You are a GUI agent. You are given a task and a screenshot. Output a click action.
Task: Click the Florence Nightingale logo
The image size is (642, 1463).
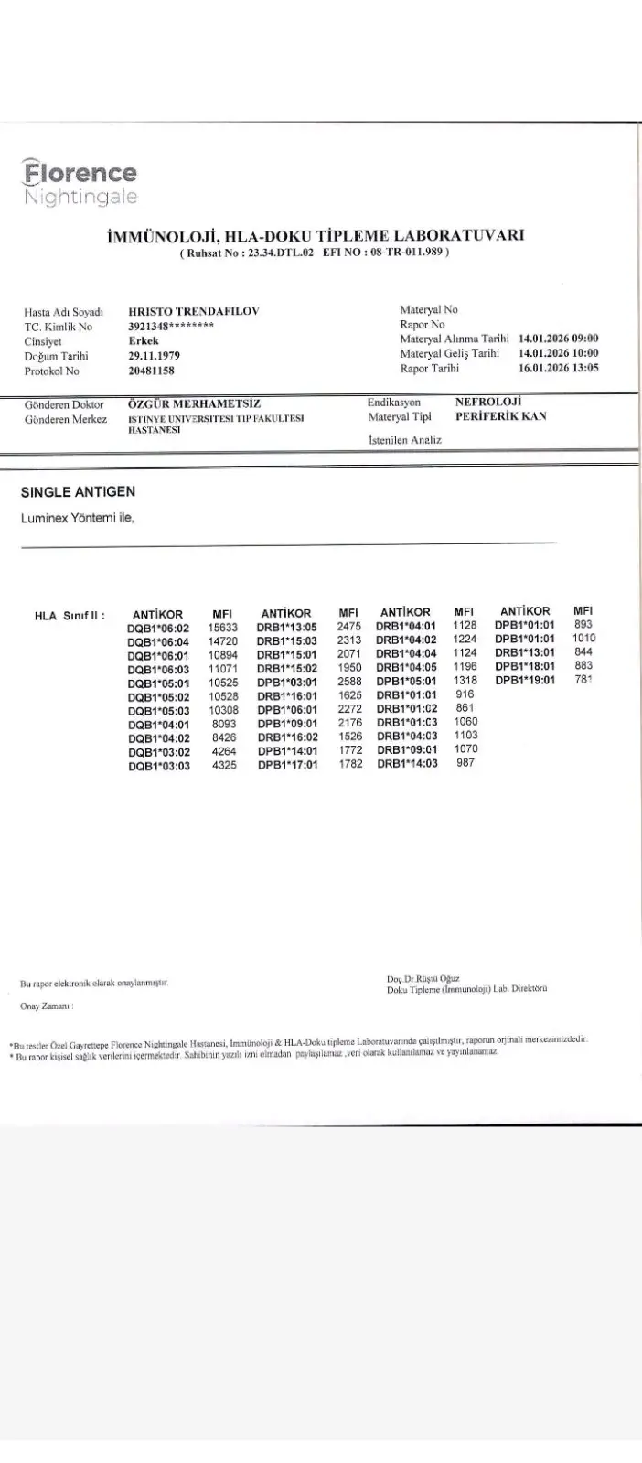[x=80, y=183]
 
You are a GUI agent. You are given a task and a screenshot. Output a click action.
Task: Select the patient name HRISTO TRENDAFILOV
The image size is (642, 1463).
[x=194, y=311]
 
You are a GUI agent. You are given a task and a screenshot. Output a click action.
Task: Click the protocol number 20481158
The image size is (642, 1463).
[x=152, y=371]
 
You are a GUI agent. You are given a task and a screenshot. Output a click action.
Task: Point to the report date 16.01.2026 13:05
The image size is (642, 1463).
[x=558, y=369]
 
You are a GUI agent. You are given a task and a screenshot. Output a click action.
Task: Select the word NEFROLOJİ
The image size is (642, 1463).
[x=487, y=401]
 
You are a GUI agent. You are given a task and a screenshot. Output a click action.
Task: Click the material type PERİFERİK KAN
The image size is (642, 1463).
[x=501, y=415]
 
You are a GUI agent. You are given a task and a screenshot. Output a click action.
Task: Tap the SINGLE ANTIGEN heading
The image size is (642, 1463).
[x=78, y=492]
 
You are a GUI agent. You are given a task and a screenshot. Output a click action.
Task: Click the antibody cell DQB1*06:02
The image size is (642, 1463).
[x=158, y=628]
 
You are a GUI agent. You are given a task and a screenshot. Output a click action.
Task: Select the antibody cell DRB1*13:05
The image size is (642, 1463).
[x=287, y=628]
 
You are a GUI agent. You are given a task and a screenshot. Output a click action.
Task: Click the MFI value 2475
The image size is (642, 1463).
[x=349, y=627]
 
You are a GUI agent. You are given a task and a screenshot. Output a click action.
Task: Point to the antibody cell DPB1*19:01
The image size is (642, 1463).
[x=525, y=680]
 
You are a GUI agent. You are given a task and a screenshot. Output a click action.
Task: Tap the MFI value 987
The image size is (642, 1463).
[x=465, y=763]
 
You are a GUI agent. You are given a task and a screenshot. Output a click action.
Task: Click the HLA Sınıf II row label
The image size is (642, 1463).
[x=70, y=615]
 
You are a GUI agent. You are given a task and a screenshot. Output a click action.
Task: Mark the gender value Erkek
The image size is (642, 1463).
[x=144, y=341]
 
